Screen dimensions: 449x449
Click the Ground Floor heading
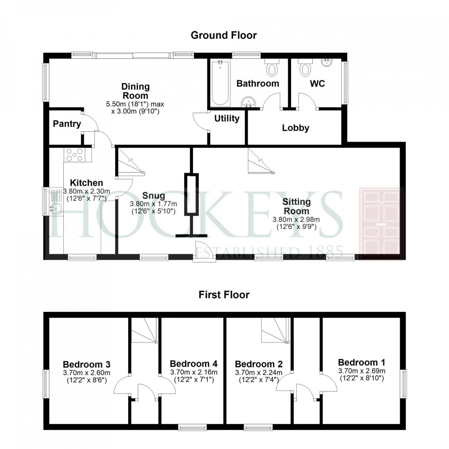click(224, 36)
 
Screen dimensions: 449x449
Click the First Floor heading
click(224, 294)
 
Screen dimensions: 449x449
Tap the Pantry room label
click(67, 124)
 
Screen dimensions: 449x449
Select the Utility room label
click(227, 118)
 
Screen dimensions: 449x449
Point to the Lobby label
click(296, 128)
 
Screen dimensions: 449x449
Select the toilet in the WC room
click(305, 67)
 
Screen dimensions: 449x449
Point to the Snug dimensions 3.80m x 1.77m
click(153, 204)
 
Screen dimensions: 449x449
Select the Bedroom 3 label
click(87, 364)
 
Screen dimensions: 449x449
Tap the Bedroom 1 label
click(361, 362)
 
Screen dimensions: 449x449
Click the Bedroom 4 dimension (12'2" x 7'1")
click(193, 379)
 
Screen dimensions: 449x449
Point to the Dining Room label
click(136, 91)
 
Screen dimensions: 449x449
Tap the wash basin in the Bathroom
click(248, 102)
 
